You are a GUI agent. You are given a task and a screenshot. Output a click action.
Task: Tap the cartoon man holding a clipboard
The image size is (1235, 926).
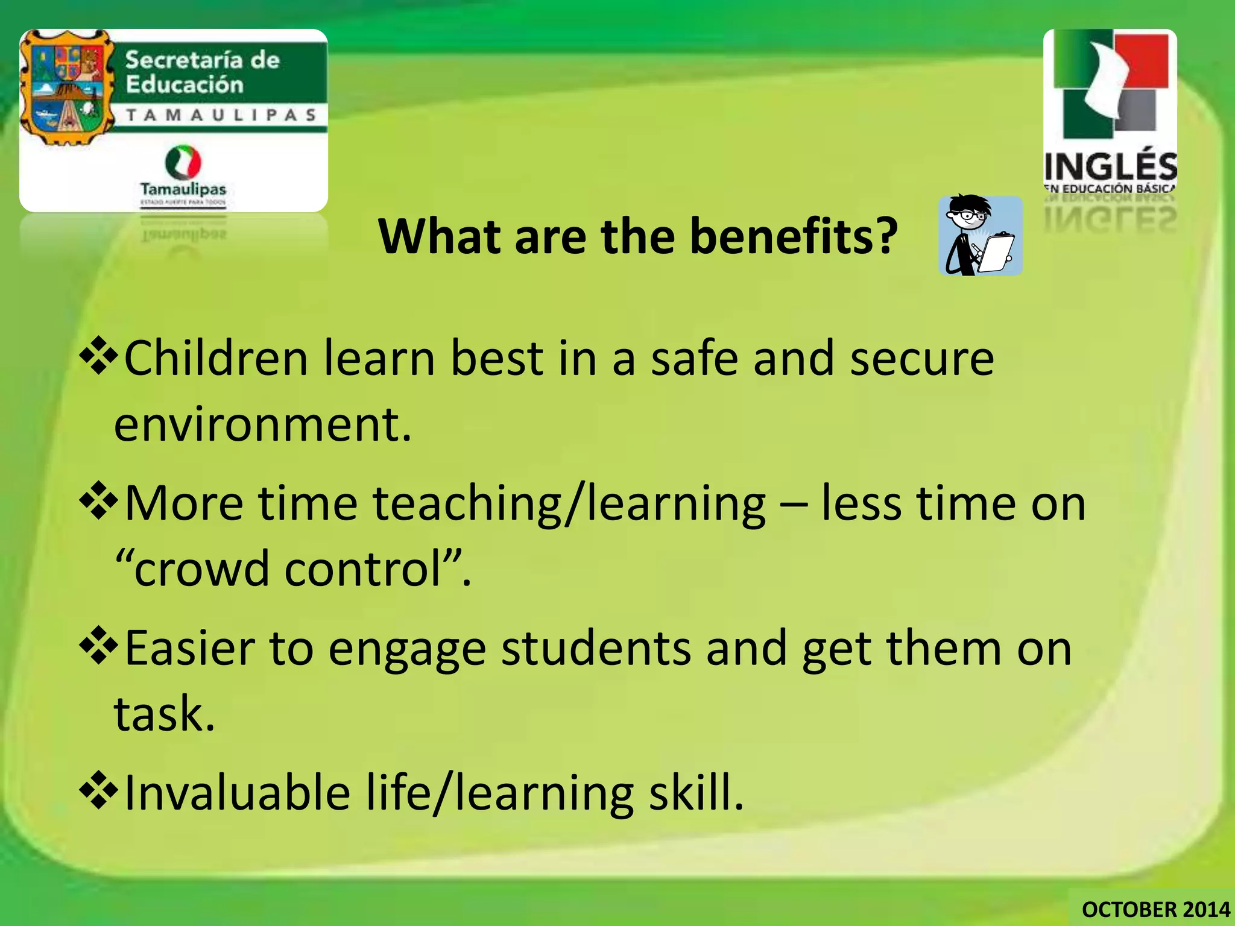(980, 236)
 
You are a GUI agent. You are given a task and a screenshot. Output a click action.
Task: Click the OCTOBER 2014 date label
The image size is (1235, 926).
(1155, 909)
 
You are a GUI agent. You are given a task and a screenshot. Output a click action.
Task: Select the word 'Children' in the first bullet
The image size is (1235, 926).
(216, 358)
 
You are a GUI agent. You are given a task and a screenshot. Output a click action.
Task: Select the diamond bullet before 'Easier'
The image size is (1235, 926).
(98, 647)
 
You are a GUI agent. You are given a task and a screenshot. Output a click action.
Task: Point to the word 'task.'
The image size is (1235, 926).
(165, 714)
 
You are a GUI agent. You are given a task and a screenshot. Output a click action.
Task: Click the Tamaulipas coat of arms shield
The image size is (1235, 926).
(66, 87)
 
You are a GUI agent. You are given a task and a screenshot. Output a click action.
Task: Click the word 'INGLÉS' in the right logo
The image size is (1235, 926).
(1110, 166)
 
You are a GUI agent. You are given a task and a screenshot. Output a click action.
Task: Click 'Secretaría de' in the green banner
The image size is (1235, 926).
(202, 60)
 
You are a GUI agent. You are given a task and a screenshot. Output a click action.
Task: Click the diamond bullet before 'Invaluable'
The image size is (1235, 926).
(98, 792)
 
